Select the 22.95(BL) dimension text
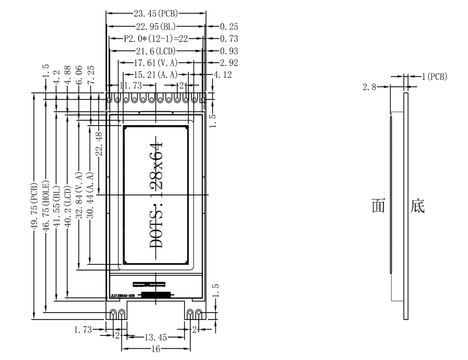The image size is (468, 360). [155, 26]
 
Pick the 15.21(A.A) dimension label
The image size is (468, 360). [155, 75]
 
